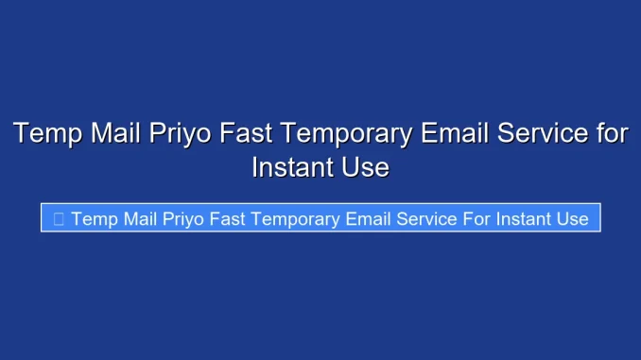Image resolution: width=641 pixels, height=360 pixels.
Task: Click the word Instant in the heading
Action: point(289,168)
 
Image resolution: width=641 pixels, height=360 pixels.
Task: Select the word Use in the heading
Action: point(365,168)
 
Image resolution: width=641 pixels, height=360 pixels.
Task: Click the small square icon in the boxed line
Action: point(59,219)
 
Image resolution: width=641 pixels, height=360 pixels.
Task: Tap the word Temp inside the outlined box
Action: point(92,219)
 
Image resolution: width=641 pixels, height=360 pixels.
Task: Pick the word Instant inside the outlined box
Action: point(523,219)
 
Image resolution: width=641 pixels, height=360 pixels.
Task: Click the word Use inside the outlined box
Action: point(573,219)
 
